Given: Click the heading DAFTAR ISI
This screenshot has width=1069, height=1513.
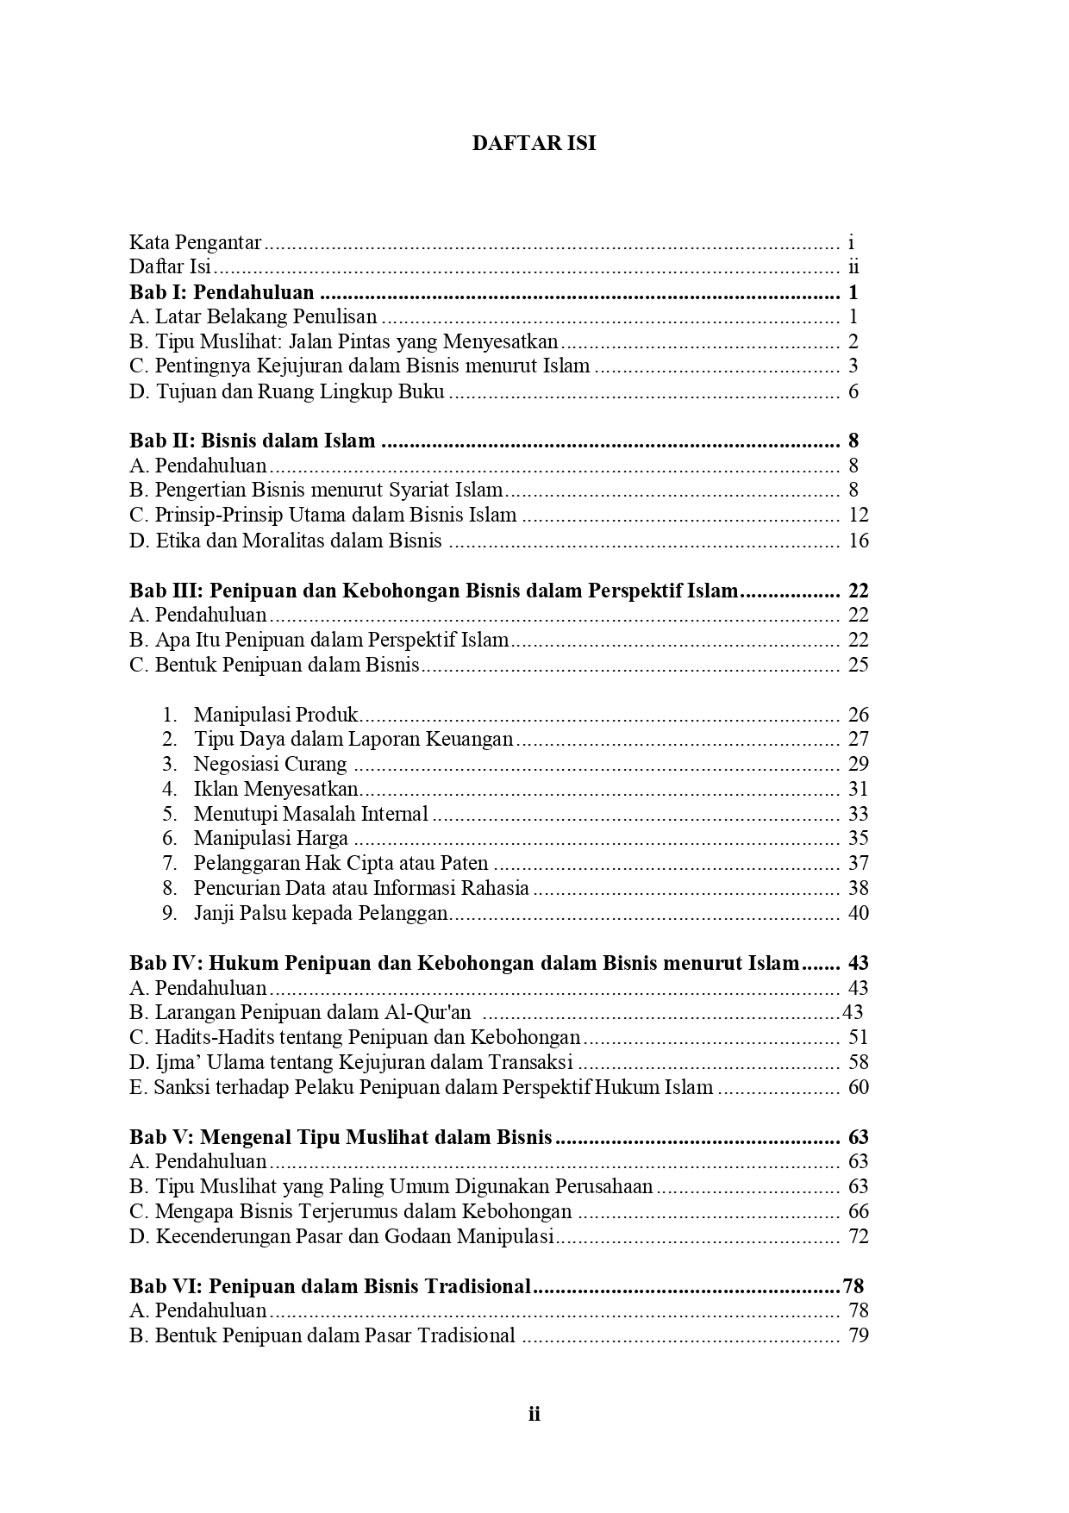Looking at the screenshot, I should click(x=534, y=144).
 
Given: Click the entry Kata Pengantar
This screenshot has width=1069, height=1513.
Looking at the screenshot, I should click(x=196, y=243).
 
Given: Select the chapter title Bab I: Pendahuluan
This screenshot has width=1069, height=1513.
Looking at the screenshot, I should click(x=222, y=292).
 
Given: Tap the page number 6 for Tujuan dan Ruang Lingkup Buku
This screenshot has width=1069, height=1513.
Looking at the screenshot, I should click(x=853, y=391).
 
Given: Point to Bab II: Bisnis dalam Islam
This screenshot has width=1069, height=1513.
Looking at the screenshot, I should click(x=253, y=441).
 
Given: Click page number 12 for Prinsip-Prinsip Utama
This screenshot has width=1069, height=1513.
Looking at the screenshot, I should click(x=858, y=516).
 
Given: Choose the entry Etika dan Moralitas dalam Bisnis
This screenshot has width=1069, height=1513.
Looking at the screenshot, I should click(x=298, y=541).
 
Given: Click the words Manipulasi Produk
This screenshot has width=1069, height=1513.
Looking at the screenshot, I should click(x=276, y=715).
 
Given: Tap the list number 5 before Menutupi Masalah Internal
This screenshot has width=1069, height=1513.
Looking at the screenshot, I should click(x=170, y=814).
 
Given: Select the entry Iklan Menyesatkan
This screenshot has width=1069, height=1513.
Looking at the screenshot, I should click(x=276, y=789).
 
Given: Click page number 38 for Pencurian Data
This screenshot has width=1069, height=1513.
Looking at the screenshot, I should click(x=858, y=888).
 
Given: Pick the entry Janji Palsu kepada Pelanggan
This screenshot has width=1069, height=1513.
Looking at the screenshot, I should click(x=321, y=913).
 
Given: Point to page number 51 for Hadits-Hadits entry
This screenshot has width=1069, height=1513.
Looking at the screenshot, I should click(x=858, y=1037).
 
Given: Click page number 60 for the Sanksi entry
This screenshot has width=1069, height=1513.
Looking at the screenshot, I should click(x=858, y=1087).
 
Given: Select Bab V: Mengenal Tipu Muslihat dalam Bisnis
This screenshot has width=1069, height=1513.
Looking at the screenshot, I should click(x=341, y=1137).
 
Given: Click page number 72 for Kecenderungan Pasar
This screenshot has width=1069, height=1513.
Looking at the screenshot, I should click(x=858, y=1236).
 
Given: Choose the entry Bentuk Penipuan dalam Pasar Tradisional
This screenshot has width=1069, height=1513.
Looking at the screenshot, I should click(x=334, y=1335).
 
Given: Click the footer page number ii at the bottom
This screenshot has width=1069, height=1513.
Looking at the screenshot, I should click(x=534, y=1414).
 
